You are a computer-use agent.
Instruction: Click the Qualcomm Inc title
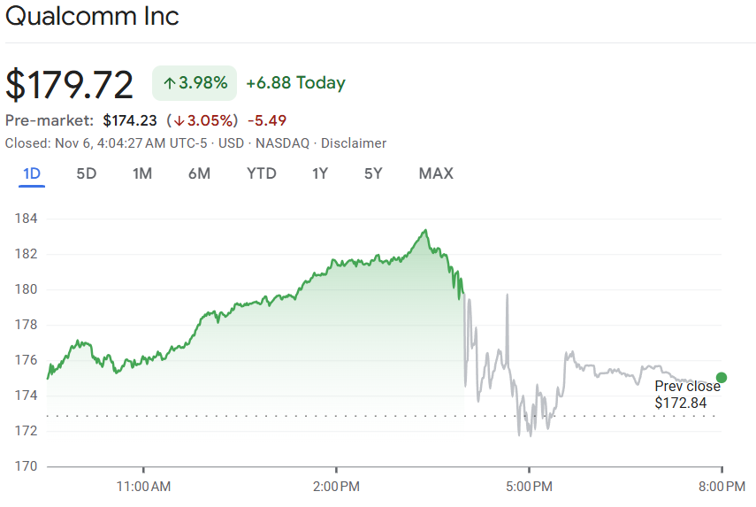coord(92,17)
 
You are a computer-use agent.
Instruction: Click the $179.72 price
coord(70,85)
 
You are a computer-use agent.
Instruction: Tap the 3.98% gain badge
coord(195,83)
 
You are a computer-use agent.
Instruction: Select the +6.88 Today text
coord(295,83)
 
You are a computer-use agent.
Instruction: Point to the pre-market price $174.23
coord(130,120)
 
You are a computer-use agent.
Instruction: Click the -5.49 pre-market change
coord(267,120)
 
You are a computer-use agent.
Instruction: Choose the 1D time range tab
coord(32,173)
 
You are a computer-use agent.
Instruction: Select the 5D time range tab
coord(86,173)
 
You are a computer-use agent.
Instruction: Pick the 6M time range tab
coord(199,173)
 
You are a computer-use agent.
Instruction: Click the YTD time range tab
coord(261,173)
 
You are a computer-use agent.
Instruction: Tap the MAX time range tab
coord(435,173)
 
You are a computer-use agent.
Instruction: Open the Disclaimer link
coord(354,143)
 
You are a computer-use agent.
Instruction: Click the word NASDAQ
coord(286,143)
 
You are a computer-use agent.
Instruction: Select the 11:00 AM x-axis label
coord(143,486)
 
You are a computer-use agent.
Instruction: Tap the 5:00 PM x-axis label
coord(529,486)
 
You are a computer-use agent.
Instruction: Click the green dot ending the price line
coord(722,378)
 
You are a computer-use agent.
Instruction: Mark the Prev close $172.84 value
coord(682,403)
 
